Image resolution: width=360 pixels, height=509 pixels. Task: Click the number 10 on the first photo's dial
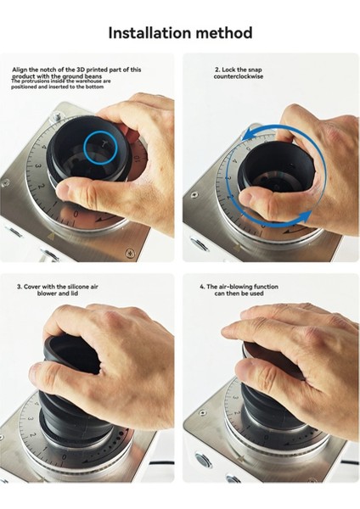[x=136, y=159]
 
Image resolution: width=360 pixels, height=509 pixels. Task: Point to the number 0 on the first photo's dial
[x=76, y=215]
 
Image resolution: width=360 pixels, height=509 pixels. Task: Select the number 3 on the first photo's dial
[x=37, y=166]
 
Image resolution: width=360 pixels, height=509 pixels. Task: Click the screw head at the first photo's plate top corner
[x=58, y=115]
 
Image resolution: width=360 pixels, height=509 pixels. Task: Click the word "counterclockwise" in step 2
[x=239, y=76]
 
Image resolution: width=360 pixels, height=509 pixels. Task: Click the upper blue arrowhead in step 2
[x=250, y=134]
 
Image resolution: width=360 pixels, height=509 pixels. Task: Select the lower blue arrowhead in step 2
[x=305, y=216]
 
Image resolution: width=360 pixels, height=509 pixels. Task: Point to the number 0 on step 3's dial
[x=64, y=456]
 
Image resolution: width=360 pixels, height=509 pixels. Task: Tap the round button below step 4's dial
[x=202, y=461]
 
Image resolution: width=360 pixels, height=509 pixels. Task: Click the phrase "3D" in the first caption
[x=81, y=70]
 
